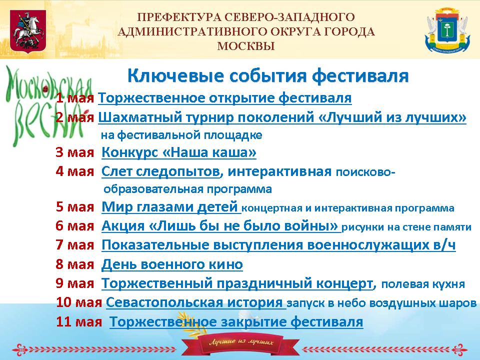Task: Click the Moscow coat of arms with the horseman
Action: (x=28, y=31)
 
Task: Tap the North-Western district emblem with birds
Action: (x=447, y=30)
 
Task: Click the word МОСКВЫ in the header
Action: (x=246, y=46)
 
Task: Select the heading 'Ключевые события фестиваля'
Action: (x=268, y=76)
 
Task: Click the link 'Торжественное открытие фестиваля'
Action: (x=224, y=98)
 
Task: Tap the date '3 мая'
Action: (x=74, y=152)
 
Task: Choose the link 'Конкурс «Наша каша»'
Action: (x=179, y=152)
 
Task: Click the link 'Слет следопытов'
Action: (x=160, y=171)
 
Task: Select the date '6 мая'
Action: (x=74, y=226)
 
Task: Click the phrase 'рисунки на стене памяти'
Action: (x=406, y=227)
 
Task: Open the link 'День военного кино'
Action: (x=172, y=264)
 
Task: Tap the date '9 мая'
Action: (x=74, y=283)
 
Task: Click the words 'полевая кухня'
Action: (x=423, y=284)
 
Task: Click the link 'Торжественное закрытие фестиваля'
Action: (x=236, y=321)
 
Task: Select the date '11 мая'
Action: (x=79, y=321)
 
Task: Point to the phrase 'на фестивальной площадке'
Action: (x=181, y=135)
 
